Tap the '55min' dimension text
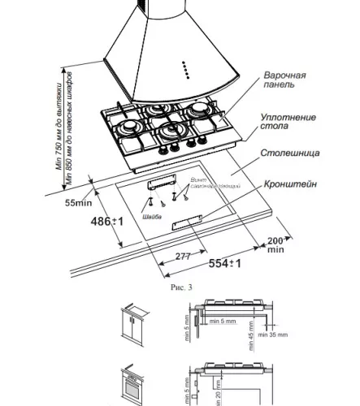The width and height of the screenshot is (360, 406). pos(77,203)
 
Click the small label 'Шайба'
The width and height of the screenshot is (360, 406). pos(151,218)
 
